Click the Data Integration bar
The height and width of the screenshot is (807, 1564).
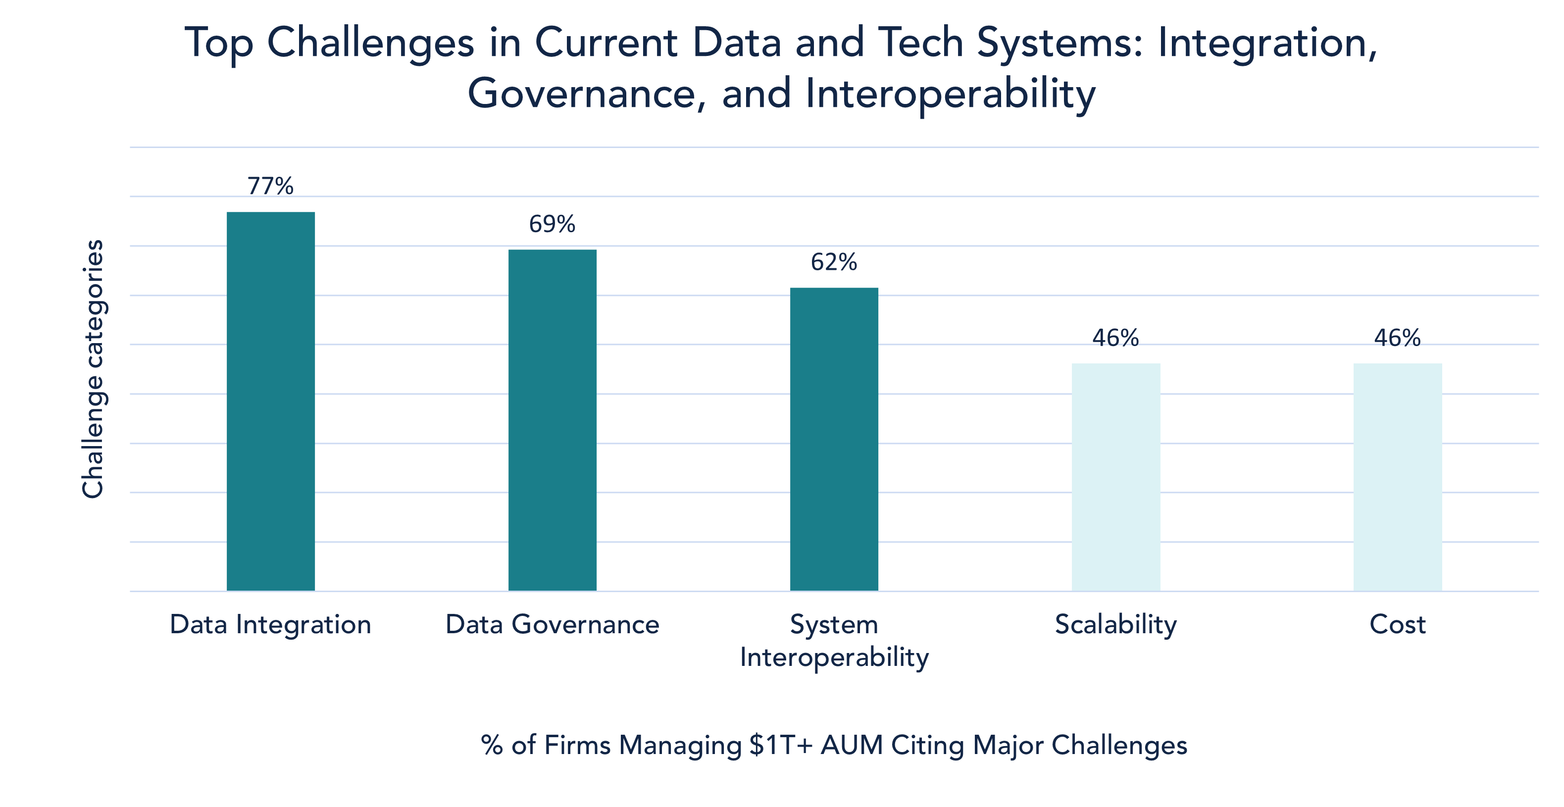pos(271,401)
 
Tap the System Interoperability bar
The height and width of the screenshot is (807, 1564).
pos(834,439)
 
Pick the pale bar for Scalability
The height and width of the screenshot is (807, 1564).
pos(1116,477)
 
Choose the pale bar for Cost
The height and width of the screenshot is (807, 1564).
pos(1398,477)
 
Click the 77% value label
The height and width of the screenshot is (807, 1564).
pos(271,186)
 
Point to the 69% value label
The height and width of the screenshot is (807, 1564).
pos(553,224)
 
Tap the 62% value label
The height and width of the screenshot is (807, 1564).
pos(834,262)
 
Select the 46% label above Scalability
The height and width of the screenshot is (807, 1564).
pos(1116,337)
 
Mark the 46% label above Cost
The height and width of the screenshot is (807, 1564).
pos(1398,337)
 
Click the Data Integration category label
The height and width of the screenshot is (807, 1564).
pos(271,624)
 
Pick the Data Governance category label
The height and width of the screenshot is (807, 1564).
pos(553,624)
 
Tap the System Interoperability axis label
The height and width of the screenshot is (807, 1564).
pos(834,641)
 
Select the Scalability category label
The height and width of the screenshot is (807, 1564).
pos(1116,624)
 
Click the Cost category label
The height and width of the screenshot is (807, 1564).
pos(1398,624)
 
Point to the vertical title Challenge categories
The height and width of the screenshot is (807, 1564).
pos(93,368)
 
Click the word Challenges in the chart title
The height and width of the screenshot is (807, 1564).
pos(370,44)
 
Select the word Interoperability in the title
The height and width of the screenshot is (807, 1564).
pos(951,95)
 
